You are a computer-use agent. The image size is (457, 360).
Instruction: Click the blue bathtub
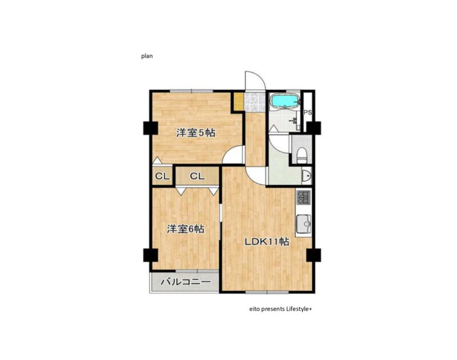click(285, 101)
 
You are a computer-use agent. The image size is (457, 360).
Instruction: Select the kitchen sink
click(304, 224)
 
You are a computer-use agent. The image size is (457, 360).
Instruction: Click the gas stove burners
click(304, 197)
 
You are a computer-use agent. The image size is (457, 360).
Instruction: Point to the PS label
click(307, 113)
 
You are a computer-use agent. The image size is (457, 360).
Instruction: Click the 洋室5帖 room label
click(195, 133)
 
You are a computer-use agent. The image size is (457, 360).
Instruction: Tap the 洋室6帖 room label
click(185, 229)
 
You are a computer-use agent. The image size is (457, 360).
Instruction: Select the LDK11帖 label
click(266, 242)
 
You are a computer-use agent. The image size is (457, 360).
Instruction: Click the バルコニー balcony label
click(185, 282)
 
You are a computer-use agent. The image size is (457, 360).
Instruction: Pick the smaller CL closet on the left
click(162, 176)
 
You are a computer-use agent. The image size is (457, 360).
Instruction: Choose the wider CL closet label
click(197, 176)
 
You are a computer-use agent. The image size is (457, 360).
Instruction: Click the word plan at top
click(147, 56)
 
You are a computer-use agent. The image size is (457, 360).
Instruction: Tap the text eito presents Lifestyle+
click(280, 309)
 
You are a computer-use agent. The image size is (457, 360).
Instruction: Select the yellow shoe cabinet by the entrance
click(239, 102)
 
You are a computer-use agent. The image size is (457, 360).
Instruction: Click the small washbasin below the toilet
click(307, 175)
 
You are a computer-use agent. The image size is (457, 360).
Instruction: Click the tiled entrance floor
click(255, 102)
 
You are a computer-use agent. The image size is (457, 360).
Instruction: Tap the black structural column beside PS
click(314, 128)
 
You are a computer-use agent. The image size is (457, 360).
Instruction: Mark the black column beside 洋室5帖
click(151, 128)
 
